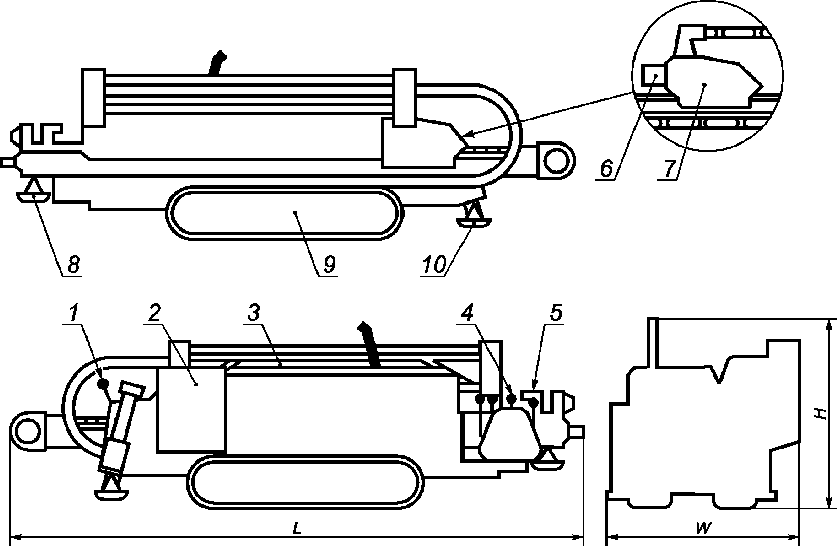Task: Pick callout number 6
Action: pyautogui.click(x=605, y=168)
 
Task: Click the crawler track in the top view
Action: pyautogui.click(x=285, y=213)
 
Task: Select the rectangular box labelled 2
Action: pyautogui.click(x=192, y=410)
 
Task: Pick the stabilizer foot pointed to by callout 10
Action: pyautogui.click(x=474, y=222)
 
